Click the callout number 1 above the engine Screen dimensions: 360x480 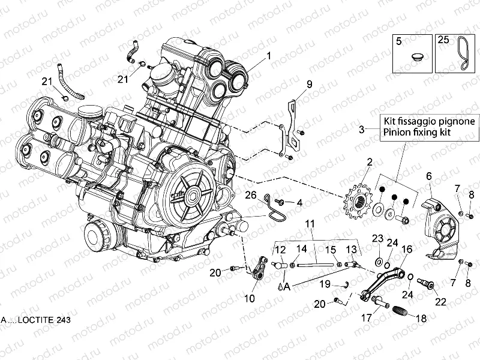(x=268, y=55)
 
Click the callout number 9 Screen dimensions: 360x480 (x=310, y=84)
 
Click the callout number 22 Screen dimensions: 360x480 (x=441, y=302)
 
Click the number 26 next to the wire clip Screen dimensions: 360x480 (x=251, y=194)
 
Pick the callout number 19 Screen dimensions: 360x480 (x=325, y=284)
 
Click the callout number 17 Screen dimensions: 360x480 (x=366, y=319)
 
